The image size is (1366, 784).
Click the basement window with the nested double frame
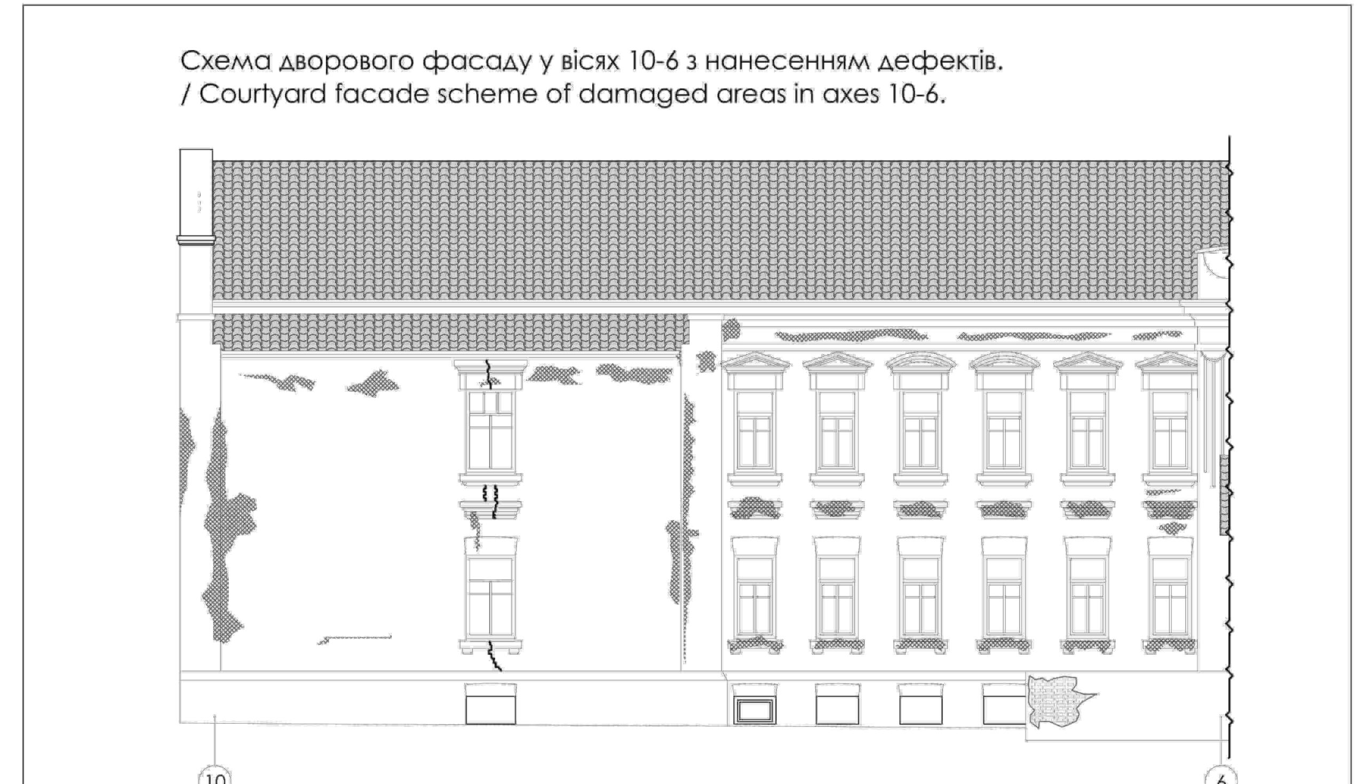coord(755,711)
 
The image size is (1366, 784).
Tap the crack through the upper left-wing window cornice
coord(490,373)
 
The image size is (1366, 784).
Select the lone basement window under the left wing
coord(490,705)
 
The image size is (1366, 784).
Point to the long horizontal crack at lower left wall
coord(355,638)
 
